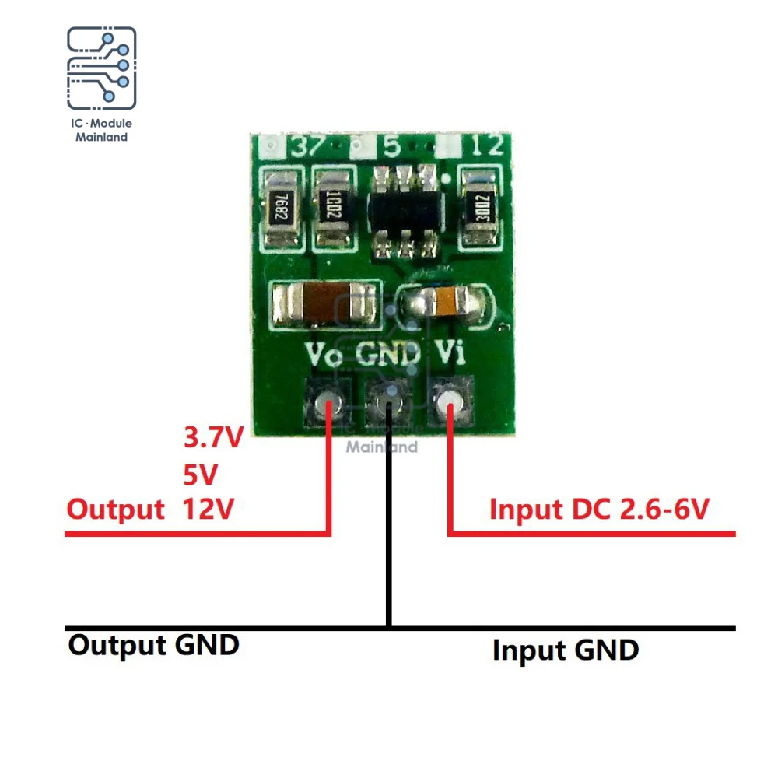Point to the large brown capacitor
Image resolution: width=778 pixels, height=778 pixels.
tap(320, 304)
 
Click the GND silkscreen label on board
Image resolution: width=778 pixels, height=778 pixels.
tap(388, 356)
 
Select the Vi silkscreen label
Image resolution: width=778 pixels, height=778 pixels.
tap(450, 356)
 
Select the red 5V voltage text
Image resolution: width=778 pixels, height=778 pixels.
tap(200, 474)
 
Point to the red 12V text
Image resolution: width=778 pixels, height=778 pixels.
tap(208, 510)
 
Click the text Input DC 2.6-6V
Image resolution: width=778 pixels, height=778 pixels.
tap(599, 510)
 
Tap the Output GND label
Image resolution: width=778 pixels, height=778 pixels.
tap(153, 645)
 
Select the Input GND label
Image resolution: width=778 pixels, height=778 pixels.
tap(565, 650)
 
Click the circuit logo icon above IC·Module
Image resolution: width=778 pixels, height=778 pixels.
tap(102, 68)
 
